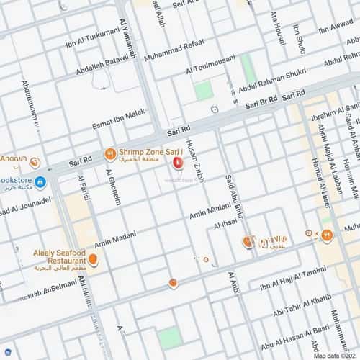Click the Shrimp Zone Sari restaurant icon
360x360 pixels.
click(x=109, y=153)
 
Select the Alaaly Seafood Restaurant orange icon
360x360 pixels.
click(x=93, y=259)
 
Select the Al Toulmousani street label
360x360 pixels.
click(x=212, y=67)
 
